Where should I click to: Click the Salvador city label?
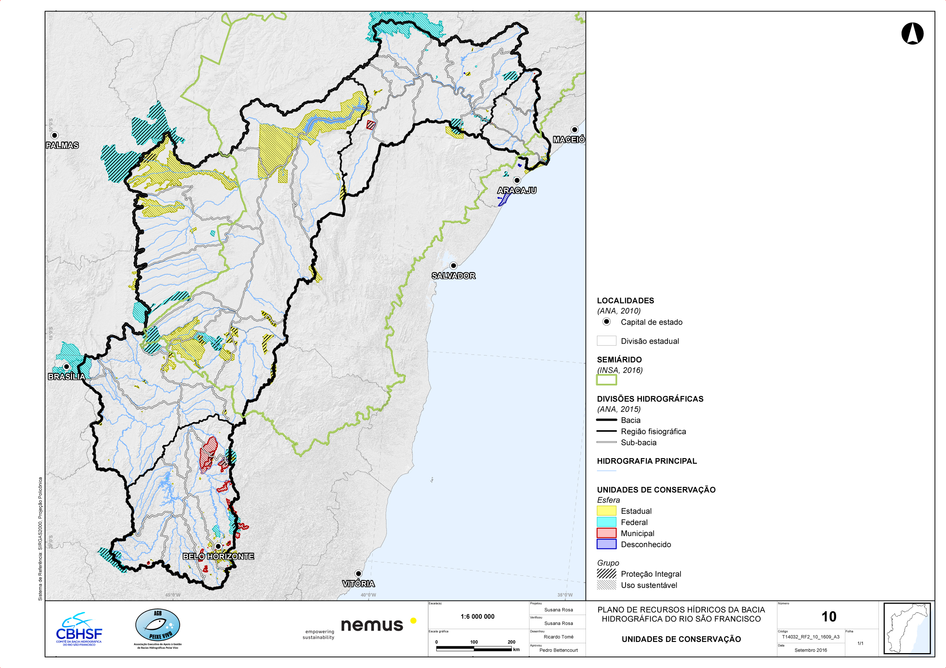point(453,276)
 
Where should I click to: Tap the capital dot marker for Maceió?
point(574,130)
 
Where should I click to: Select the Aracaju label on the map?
point(516,190)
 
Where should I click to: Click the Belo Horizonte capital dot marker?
point(218,546)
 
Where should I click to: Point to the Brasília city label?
point(66,376)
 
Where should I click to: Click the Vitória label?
point(358,584)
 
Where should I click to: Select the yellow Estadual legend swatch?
point(606,511)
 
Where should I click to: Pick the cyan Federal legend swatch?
point(606,522)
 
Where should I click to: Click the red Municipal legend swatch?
point(606,533)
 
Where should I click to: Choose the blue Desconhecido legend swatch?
point(606,544)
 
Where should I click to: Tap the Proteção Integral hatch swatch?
point(606,574)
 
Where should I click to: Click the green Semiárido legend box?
point(606,380)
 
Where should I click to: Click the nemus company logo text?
point(372,625)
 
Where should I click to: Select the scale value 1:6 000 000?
point(477,617)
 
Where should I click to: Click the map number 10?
point(829,617)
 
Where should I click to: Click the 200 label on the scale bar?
point(511,642)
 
